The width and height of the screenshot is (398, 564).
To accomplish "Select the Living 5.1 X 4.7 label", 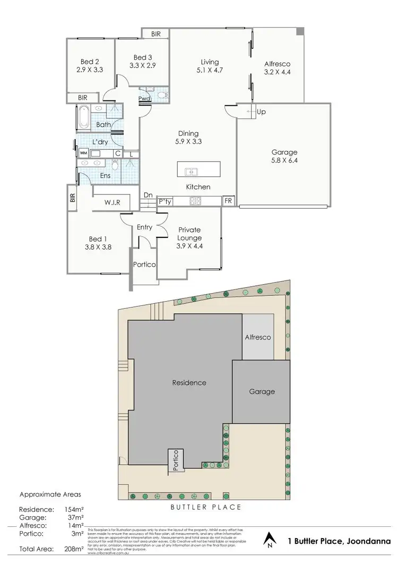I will (206, 66).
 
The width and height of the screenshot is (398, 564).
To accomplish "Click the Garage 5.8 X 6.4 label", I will (284, 156).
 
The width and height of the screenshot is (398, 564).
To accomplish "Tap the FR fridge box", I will (228, 201).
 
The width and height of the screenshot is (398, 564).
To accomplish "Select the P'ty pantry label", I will (165, 201).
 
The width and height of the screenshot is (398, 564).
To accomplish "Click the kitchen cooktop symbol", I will (195, 201).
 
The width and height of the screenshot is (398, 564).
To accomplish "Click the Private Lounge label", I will (189, 234).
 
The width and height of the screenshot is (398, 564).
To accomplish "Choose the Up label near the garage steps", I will (261, 113).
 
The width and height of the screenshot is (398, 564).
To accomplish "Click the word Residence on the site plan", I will (189, 382).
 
